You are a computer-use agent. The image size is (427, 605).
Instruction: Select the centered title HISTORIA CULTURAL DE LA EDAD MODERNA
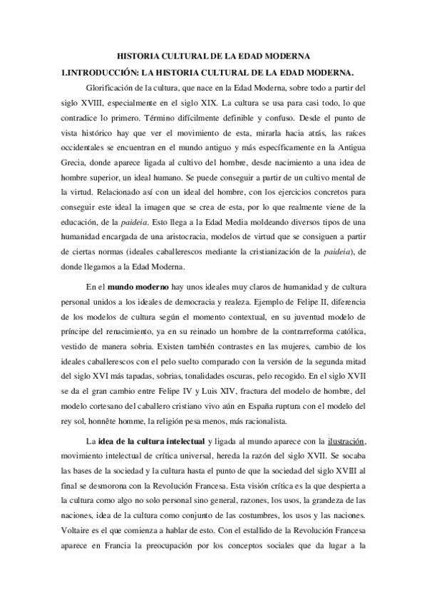click(x=213, y=55)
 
